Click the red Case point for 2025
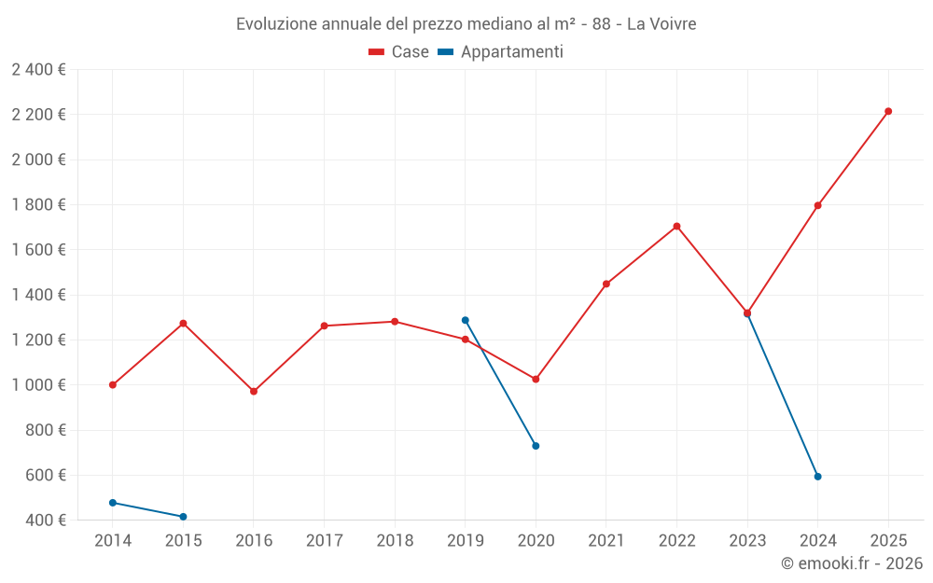coord(888,111)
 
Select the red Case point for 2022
coord(676,226)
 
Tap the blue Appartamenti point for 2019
coord(466,320)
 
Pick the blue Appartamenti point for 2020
coord(536,446)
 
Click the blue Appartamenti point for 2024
coord(817,477)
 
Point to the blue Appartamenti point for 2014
coord(113,503)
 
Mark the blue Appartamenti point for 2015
coord(183,517)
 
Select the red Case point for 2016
coord(254,392)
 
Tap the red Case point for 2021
coord(606,284)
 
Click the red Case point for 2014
coord(113,384)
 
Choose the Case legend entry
coord(399,52)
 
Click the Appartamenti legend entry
coord(501,52)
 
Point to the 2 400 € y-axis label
coord(38,70)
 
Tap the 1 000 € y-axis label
coord(38,385)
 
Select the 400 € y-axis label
coord(44,521)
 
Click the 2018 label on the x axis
coord(395,541)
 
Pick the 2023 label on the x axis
coord(747,541)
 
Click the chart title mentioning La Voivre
coord(466,24)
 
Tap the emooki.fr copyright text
coord(851,563)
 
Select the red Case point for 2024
coord(817,205)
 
